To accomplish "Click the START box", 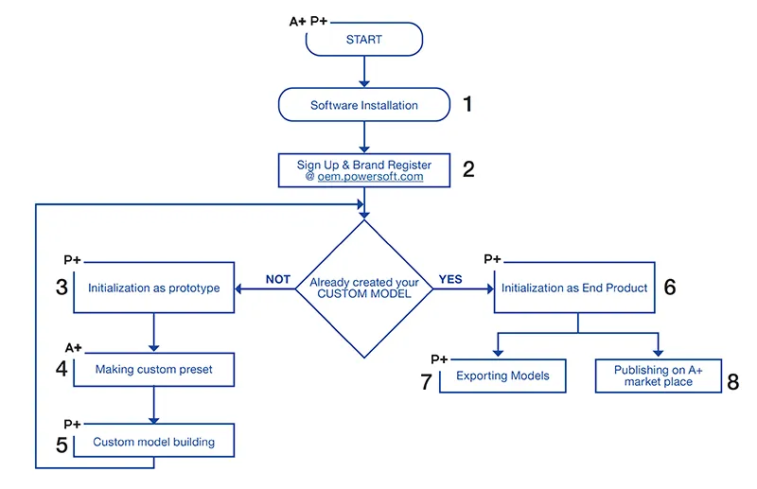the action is (x=364, y=39).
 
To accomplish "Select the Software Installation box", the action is (x=364, y=105).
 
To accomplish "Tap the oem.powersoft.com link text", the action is (x=370, y=177).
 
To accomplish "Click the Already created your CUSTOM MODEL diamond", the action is (x=364, y=288).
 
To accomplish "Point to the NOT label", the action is (x=277, y=280).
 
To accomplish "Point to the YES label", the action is (x=450, y=280).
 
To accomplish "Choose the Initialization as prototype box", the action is (x=154, y=288).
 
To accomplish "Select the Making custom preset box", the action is (x=154, y=369).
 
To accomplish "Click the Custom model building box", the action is (x=154, y=441).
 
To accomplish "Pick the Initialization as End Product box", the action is (x=574, y=288).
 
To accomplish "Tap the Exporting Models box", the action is (x=502, y=375).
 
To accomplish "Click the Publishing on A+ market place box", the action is (x=659, y=375).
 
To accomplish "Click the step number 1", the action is (x=467, y=104).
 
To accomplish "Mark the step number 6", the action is (x=670, y=287).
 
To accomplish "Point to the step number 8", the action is (x=732, y=382).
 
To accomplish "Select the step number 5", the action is (x=62, y=445).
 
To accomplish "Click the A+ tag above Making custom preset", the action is (x=74, y=347).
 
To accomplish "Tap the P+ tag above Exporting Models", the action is (x=439, y=359).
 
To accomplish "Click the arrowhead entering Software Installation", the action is (x=364, y=84).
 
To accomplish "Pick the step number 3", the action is (x=62, y=287).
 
